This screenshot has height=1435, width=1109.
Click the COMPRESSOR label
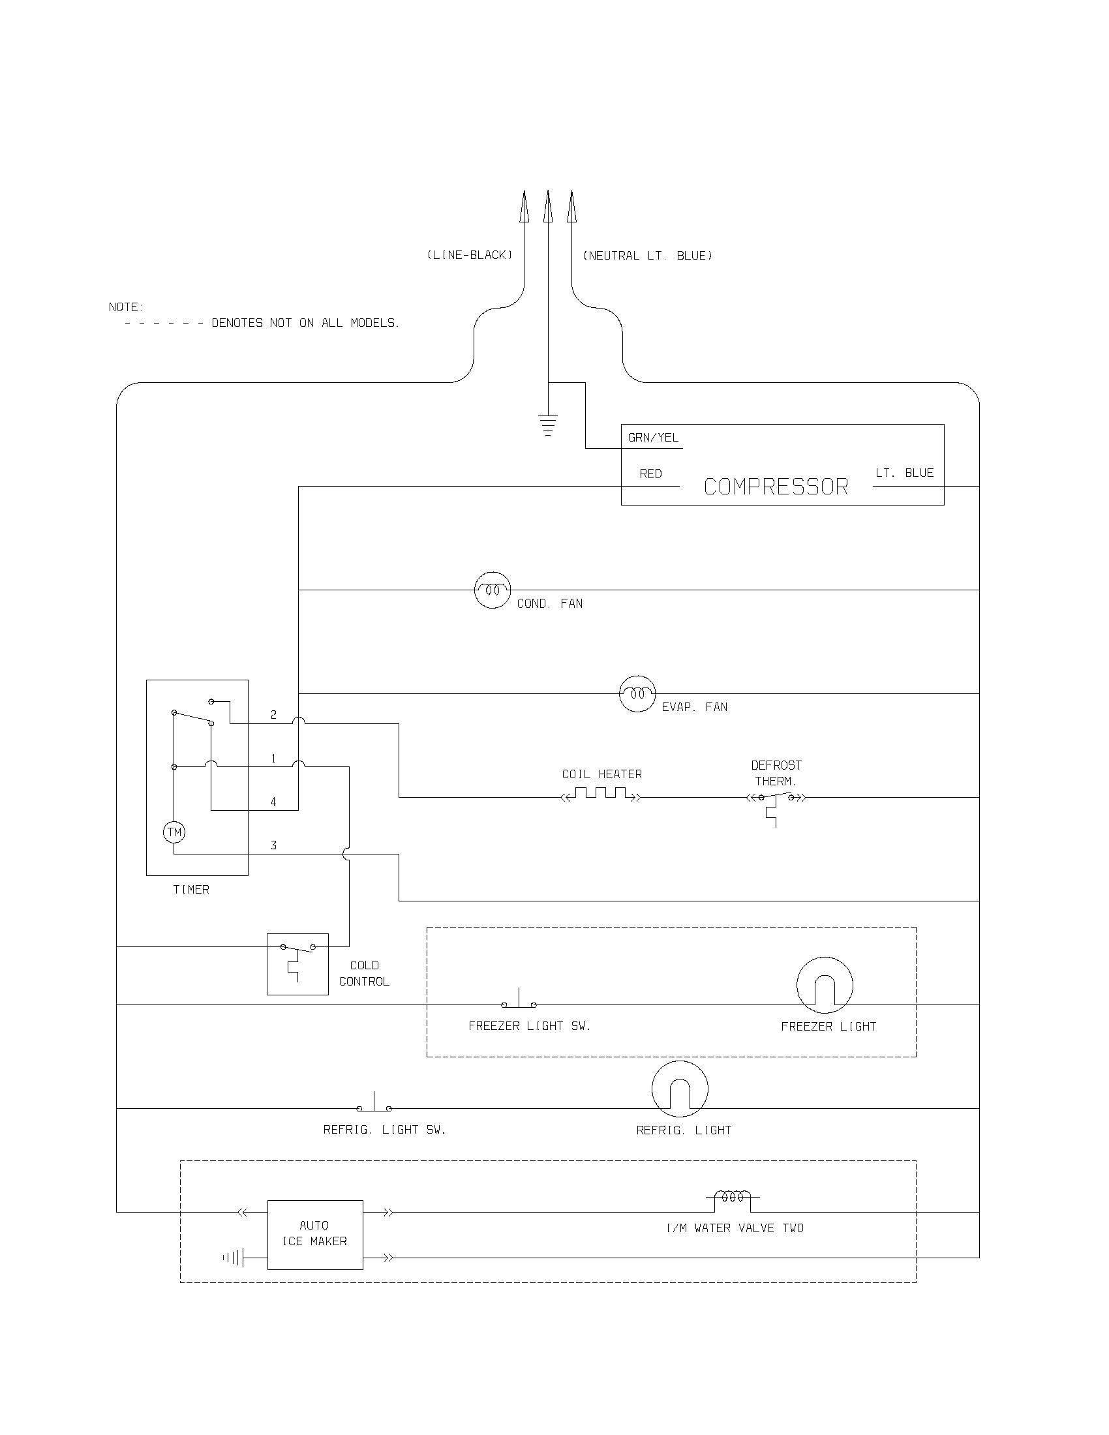click(x=776, y=487)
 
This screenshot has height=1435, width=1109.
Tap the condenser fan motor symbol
click(x=492, y=590)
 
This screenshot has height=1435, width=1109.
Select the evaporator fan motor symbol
click(x=637, y=693)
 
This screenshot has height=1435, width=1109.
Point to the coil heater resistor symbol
click(x=600, y=795)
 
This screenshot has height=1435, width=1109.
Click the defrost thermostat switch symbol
click(x=776, y=799)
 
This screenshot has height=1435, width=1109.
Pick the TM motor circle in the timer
click(x=174, y=832)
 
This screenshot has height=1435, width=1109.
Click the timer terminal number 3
click(x=273, y=845)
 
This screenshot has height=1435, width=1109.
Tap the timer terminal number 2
click(x=273, y=715)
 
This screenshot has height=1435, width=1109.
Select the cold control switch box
click(x=297, y=964)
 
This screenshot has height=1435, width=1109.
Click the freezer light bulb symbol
click(x=825, y=985)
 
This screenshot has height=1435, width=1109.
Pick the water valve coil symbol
click(x=733, y=1198)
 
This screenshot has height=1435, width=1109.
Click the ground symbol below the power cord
click(x=548, y=425)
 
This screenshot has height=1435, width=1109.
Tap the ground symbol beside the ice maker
click(x=234, y=1258)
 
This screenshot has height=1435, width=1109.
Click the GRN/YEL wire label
click(x=653, y=438)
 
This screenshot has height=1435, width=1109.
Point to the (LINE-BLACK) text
click(x=469, y=255)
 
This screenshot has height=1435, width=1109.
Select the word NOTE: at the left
click(x=126, y=307)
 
